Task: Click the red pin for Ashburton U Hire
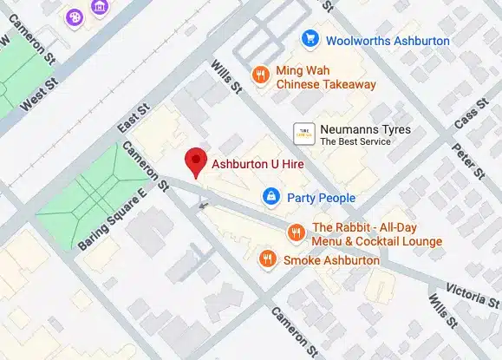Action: point(197,161)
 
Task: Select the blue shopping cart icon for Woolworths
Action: point(309,39)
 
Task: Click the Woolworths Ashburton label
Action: point(387,40)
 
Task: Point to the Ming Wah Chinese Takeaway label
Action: point(325,77)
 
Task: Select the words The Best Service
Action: point(355,141)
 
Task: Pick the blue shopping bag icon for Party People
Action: point(271,198)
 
